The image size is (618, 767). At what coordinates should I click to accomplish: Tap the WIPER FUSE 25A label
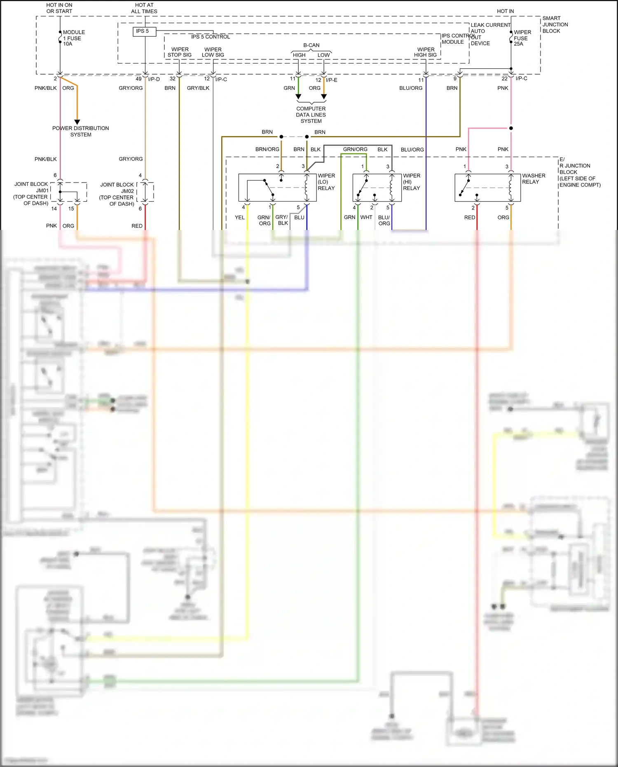(x=522, y=38)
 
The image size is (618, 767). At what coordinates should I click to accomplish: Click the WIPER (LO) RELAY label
(x=326, y=182)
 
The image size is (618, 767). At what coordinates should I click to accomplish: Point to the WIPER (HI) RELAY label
(x=411, y=182)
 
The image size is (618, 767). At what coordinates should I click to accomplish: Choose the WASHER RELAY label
(x=533, y=178)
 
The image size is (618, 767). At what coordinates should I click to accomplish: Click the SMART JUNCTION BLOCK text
(x=555, y=25)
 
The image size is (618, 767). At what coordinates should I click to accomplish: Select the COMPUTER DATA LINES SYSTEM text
(x=311, y=115)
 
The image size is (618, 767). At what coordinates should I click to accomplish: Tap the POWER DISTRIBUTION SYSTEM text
(x=80, y=131)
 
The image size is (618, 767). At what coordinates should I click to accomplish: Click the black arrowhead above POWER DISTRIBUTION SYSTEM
(x=77, y=122)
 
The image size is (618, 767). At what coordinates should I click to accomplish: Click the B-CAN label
(x=311, y=45)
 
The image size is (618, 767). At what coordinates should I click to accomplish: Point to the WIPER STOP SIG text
(x=180, y=52)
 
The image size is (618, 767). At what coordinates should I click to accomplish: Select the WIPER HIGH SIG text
(x=425, y=52)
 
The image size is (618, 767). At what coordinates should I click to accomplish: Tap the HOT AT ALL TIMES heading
(x=144, y=8)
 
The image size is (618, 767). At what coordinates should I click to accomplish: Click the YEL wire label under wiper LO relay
(x=240, y=218)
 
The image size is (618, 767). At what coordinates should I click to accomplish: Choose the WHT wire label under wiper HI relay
(x=366, y=217)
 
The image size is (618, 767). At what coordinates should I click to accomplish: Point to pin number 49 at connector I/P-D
(x=138, y=79)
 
